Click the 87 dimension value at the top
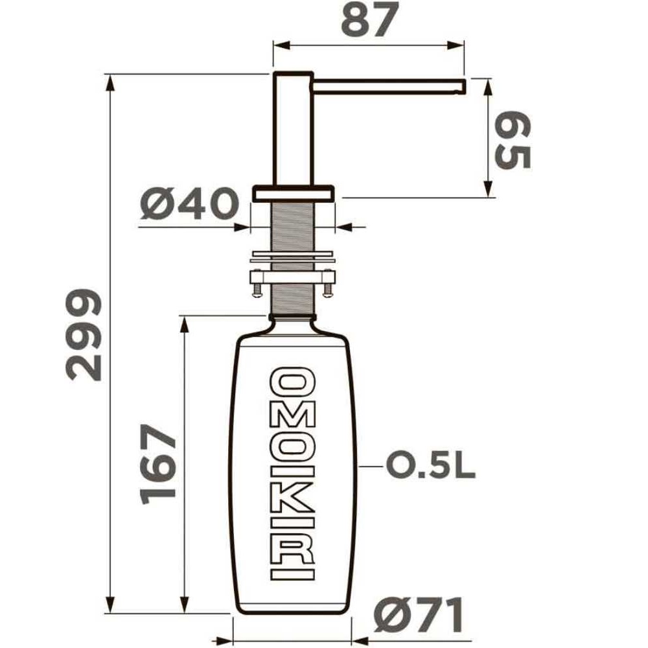click(370, 19)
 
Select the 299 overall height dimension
click(84, 335)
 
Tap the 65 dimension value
click(513, 140)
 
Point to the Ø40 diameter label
click(189, 203)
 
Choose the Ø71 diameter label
click(418, 615)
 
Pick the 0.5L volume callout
click(430, 465)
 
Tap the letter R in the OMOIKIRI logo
click(293, 548)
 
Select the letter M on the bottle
click(293, 417)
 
